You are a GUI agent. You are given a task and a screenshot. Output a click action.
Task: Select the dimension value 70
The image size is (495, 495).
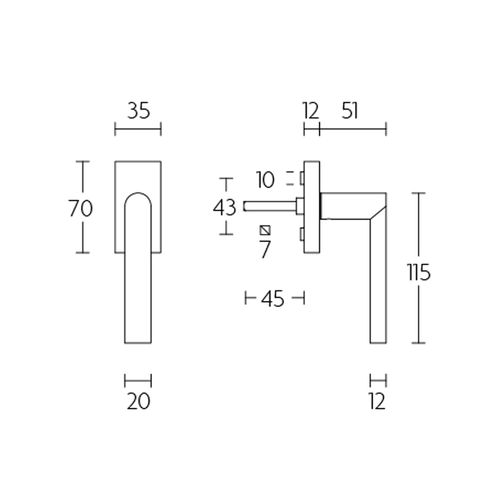(x=80, y=209)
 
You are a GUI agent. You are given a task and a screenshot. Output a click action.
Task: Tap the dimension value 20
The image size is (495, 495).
(x=138, y=402)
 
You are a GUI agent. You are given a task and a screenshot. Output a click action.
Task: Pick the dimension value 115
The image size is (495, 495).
(x=418, y=272)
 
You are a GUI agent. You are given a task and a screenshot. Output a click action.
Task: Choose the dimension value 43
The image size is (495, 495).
(x=225, y=207)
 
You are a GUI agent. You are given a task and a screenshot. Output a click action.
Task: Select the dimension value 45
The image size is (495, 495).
(x=272, y=299)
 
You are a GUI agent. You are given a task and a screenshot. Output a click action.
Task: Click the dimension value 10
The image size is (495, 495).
(x=265, y=180)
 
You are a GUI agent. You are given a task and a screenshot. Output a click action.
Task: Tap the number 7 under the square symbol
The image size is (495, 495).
(x=265, y=249)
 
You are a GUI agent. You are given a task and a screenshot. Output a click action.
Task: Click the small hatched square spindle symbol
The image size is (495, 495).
(x=265, y=230)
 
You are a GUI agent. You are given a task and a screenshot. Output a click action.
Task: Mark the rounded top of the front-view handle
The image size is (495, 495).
(x=138, y=197)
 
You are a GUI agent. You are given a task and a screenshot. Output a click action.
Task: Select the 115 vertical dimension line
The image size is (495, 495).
(x=419, y=309)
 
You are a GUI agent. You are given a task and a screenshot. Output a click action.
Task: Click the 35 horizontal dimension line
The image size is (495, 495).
(x=138, y=129)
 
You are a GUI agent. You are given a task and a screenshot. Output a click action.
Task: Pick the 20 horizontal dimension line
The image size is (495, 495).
(x=138, y=381)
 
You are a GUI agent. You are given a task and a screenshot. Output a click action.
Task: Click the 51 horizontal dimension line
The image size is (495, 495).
(x=353, y=129)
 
